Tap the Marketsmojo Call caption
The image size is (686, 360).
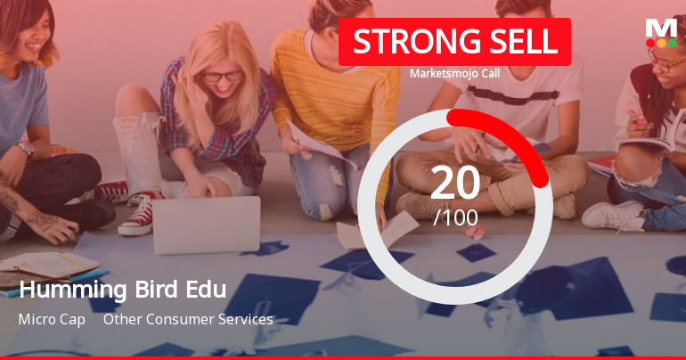[x=454, y=73]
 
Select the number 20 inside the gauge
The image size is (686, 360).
[x=454, y=183]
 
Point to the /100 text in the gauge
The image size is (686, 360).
[x=454, y=217]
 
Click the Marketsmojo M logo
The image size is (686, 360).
[x=660, y=26]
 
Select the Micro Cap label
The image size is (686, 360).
[x=51, y=319]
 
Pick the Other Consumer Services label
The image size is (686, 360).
[x=188, y=319]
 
